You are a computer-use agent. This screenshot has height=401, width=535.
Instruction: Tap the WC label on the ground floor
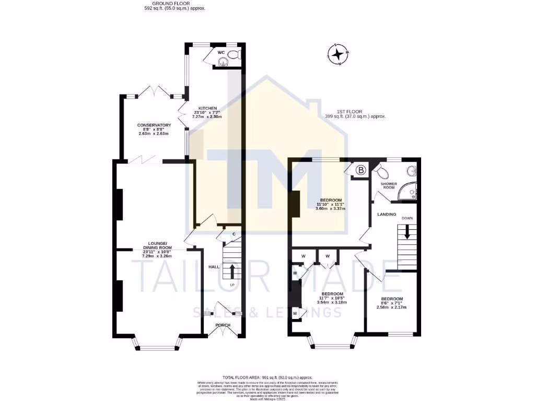[x=221, y=53]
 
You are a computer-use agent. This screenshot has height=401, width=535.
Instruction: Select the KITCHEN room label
[x=207, y=108]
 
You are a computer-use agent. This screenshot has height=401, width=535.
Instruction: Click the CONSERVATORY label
[x=154, y=125]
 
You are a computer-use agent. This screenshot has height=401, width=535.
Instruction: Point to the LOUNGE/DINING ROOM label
[x=157, y=244]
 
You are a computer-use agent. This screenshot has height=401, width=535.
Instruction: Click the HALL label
[x=214, y=267]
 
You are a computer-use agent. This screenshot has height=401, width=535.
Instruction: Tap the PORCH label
[x=223, y=325]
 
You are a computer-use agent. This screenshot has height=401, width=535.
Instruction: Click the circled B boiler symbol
[x=360, y=170]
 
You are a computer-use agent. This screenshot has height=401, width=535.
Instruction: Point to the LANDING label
[x=387, y=214]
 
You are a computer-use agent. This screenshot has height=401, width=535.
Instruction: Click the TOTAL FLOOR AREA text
[x=267, y=377]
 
